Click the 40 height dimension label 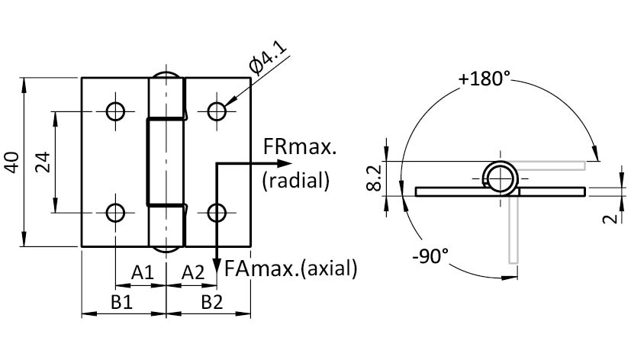click(13, 162)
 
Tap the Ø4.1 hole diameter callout click(268, 59)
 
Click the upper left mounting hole click(115, 112)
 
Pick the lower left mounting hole click(115, 212)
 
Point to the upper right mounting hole click(217, 112)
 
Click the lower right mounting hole click(217, 212)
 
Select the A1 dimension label click(142, 272)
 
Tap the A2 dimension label click(193, 272)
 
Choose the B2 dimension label click(211, 302)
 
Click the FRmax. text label click(299, 148)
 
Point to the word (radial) click(295, 180)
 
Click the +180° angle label click(485, 79)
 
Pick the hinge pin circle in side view click(500, 178)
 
